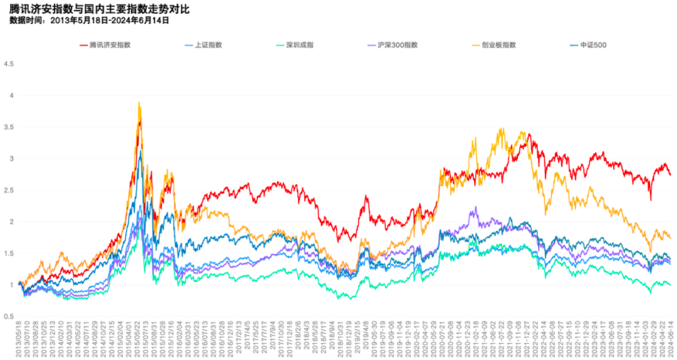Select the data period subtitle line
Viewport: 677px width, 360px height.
pyautogui.click(x=90, y=20)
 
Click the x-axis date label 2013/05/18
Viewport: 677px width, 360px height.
pyautogui.click(x=19, y=339)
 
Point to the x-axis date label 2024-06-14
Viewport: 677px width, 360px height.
pyautogui.click(x=669, y=339)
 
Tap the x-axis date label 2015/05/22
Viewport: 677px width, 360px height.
pyautogui.click(x=137, y=339)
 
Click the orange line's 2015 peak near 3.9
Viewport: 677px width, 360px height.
pyautogui.click(x=139, y=102)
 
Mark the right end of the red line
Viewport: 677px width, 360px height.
pyautogui.click(x=670, y=175)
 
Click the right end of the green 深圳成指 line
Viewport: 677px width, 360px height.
pyautogui.click(x=670, y=285)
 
